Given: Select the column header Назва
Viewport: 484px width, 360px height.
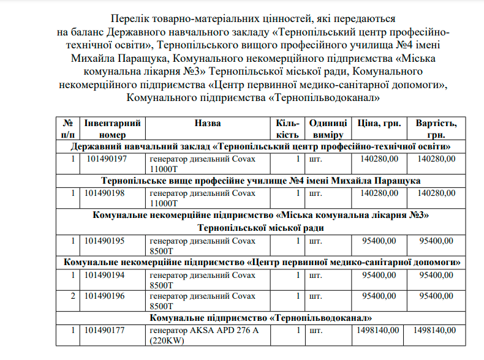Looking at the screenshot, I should [208, 123].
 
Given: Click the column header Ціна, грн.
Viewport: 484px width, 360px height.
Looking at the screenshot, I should [379, 123].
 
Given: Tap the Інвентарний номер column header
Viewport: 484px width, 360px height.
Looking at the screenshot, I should [112, 129].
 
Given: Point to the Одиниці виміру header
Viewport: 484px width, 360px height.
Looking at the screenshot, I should [328, 129].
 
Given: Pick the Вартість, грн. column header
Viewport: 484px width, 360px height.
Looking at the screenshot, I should [436, 129].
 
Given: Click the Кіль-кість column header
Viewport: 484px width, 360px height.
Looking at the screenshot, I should [287, 129].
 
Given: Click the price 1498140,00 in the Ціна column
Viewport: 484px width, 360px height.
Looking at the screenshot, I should [377, 331].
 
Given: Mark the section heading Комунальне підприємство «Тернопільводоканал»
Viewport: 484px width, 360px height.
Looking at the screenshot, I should [261, 318].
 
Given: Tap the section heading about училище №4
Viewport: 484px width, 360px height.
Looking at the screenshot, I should [261, 181].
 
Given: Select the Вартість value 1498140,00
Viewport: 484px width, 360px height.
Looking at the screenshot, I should [434, 331].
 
